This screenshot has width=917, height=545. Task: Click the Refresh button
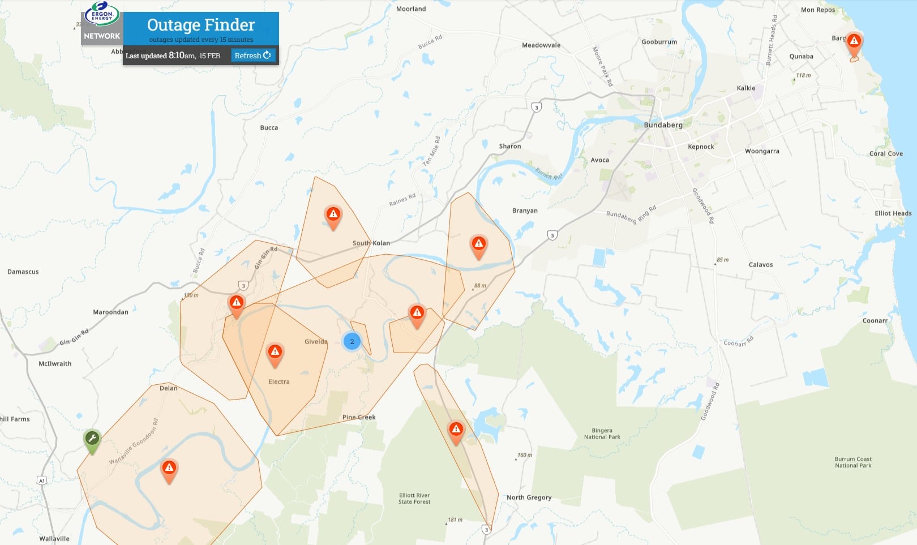pos(252,55)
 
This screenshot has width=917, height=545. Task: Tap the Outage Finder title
pos(201,25)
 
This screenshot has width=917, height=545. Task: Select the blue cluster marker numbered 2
pos(352,341)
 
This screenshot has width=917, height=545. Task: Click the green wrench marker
pos(92,439)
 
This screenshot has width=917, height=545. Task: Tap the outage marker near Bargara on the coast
pos(854,42)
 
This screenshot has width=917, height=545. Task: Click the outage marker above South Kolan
pos(333,215)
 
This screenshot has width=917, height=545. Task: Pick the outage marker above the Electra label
pos(275,353)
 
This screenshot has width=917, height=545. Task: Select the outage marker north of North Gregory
pos(456,430)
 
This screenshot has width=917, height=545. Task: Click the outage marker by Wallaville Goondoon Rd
pos(169,469)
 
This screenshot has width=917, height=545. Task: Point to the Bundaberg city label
pos(663,125)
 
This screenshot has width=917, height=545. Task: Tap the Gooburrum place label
pos(659,42)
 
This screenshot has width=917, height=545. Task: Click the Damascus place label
pos(23,272)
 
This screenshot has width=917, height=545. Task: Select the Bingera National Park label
pos(602,434)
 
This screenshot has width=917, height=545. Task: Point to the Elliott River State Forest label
pos(414,499)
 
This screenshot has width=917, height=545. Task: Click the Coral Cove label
pos(886,154)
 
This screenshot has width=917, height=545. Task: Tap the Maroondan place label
pos(110,312)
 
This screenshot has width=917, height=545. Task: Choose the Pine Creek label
pos(359,417)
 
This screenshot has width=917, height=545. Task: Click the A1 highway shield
pos(42,480)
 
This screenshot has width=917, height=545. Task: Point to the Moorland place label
pos(411,9)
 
